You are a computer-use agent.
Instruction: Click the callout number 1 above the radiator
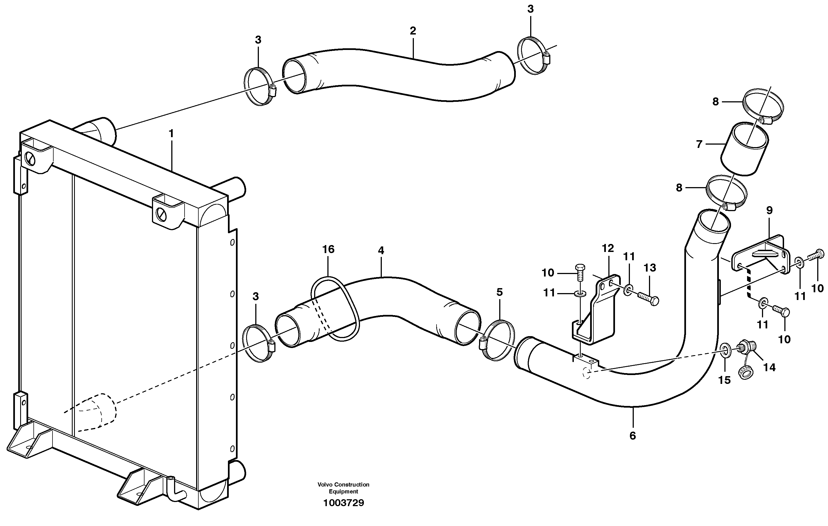pos(171,134)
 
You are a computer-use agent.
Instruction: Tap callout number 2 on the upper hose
pos(413,31)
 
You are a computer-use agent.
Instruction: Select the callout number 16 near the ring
pos(328,249)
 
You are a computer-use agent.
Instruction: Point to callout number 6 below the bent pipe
pos(633,436)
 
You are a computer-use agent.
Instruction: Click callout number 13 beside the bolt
pos(650,268)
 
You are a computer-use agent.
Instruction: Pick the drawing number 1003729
pos(343,503)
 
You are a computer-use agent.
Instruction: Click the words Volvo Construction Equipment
pos(343,488)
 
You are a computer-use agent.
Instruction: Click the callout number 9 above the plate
pos(769,211)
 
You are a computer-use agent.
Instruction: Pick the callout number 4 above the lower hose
pos(381,251)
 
